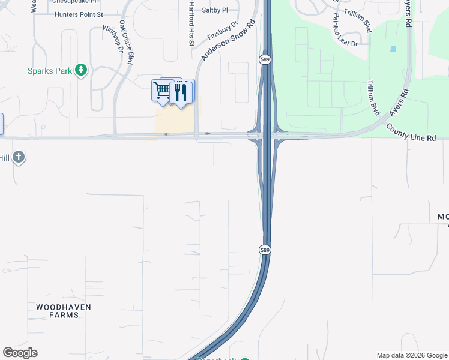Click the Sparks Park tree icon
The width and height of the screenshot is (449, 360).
(x=82, y=71)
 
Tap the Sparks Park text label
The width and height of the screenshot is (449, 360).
(x=50, y=71)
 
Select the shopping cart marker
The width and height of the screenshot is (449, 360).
(x=162, y=91)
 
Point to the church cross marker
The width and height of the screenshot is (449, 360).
(x=19, y=157)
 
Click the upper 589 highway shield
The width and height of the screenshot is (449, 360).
(x=264, y=59)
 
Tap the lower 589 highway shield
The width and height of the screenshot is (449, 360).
(x=265, y=249)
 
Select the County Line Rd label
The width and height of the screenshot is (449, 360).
(x=411, y=133)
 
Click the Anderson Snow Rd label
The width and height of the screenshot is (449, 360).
(x=228, y=40)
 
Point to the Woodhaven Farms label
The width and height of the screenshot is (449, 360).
(x=63, y=311)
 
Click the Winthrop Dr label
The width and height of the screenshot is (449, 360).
(x=112, y=38)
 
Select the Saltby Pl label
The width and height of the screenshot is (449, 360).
(x=215, y=10)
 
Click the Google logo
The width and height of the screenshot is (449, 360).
(x=20, y=353)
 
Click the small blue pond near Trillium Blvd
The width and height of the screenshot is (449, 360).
(x=393, y=49)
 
